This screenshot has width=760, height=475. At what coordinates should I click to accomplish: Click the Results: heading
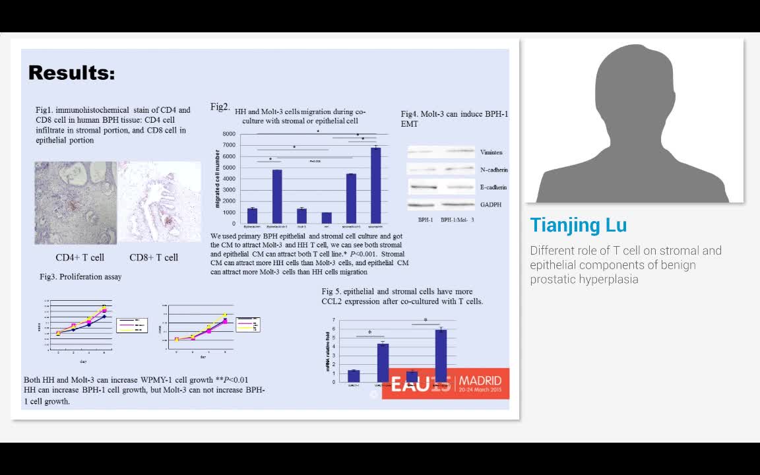point(71,73)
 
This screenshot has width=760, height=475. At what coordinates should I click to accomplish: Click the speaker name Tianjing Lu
point(578,225)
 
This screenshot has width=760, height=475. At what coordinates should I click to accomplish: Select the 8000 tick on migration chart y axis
point(229,134)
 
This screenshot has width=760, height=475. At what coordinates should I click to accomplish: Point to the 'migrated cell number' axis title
point(217,179)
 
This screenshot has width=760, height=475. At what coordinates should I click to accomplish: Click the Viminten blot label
point(491,152)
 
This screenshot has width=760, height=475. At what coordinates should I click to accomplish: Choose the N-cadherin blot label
point(493,170)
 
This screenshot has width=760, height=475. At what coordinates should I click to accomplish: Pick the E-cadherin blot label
point(493,187)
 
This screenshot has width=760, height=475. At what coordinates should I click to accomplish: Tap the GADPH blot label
point(490,205)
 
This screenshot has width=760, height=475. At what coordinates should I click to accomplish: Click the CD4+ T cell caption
point(80,257)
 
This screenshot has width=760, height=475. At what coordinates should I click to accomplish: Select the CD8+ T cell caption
point(154,257)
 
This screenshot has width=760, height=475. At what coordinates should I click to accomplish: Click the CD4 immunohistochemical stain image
point(75,203)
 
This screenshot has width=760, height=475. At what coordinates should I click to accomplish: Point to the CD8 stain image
point(159,203)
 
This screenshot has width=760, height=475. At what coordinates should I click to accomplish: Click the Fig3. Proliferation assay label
point(80,277)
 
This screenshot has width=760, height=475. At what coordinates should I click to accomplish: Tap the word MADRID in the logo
point(480,381)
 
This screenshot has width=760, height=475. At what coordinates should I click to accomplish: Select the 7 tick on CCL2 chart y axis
point(334,320)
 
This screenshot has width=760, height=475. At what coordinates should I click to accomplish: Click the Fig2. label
point(220,107)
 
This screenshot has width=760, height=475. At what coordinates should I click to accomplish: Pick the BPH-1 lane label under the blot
point(426,220)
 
